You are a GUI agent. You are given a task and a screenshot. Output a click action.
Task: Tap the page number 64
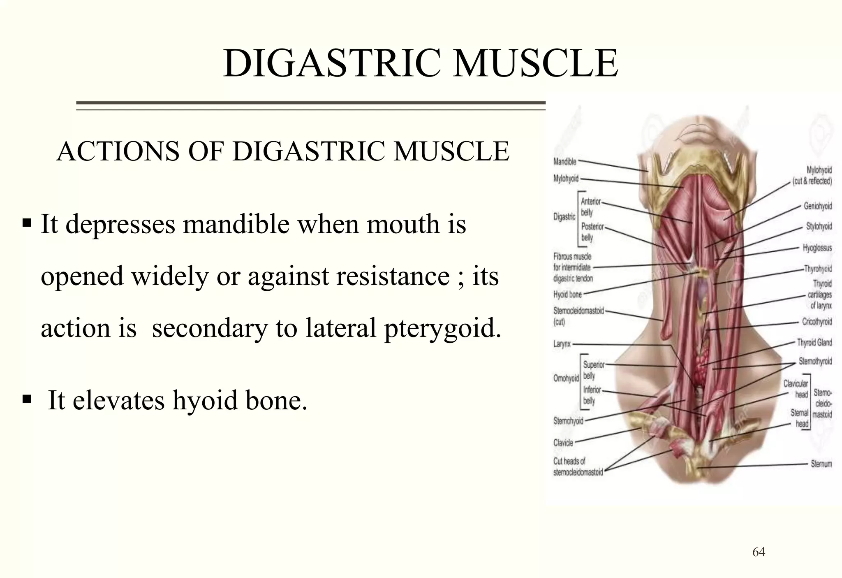click(x=759, y=552)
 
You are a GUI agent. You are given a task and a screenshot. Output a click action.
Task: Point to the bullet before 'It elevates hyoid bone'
click(x=27, y=399)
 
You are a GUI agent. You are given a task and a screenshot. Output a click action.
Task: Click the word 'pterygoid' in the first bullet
click(x=442, y=328)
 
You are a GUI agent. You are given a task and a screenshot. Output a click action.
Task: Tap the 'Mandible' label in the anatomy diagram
click(x=565, y=162)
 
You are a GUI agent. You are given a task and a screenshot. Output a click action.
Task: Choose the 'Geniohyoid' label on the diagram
click(x=817, y=206)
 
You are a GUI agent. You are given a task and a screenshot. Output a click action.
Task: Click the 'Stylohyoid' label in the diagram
click(x=819, y=226)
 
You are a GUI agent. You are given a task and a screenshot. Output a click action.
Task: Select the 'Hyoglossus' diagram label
click(x=817, y=248)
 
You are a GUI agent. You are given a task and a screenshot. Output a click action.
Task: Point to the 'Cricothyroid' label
click(x=817, y=322)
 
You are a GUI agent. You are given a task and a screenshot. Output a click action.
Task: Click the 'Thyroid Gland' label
click(x=814, y=342)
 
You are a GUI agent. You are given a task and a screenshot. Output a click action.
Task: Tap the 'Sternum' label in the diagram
click(x=821, y=464)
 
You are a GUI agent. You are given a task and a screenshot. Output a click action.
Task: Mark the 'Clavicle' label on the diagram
click(x=563, y=443)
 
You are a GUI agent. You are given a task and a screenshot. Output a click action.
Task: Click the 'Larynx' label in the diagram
click(x=562, y=344)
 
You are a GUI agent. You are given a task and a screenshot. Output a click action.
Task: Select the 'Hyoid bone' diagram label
click(x=567, y=295)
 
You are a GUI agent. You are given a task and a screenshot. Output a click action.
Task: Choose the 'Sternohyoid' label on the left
click(x=568, y=421)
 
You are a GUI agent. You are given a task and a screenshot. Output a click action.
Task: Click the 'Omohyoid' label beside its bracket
click(x=566, y=378)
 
